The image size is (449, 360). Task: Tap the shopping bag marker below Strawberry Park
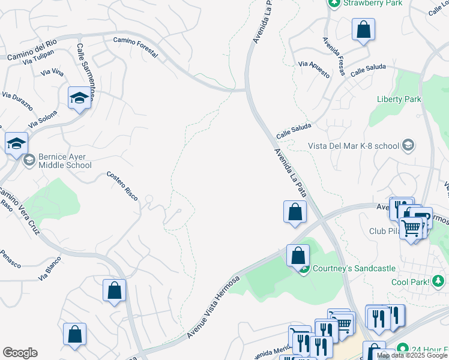[363, 30]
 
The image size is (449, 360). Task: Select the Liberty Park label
[399, 99]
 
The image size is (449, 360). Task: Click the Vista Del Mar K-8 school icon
[409, 145]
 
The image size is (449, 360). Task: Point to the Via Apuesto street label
[315, 70]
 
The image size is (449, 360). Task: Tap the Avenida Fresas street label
[334, 57]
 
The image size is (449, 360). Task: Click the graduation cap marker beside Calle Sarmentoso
[79, 98]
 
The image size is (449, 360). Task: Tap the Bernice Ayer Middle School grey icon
[29, 160]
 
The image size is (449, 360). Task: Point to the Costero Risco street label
[122, 185]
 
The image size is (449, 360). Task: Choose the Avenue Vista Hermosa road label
[213, 307]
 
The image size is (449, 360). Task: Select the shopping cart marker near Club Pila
[411, 228]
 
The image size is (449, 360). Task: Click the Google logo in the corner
[20, 353]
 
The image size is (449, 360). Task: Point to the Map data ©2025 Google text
[412, 356]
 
